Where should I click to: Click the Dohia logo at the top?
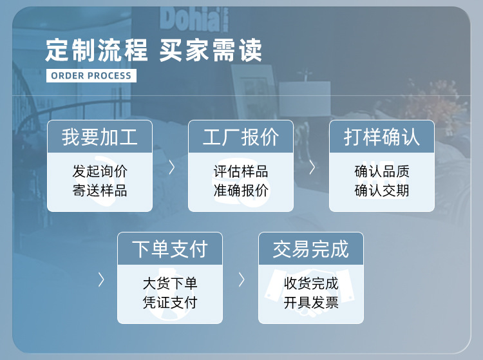pos(191,19)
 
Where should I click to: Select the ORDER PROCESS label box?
pos(91,75)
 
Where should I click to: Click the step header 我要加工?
pos(100,137)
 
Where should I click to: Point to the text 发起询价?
pos(100,171)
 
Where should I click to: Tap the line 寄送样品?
pos(100,191)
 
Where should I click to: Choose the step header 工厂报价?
pos(241,137)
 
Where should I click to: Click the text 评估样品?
pos(241,171)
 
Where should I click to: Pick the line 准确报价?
pos(241,191)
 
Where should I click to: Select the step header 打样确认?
pos(382,137)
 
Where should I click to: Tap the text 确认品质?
pos(382,171)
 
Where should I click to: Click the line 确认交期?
pos(382,191)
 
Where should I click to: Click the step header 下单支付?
pos(170,249)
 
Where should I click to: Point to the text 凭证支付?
pos(170,303)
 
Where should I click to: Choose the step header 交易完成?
pos(311,249)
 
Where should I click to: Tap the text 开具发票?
pos(311,303)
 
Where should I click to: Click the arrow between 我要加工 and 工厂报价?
pos(171,167)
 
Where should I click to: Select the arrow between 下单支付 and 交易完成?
pos(241,279)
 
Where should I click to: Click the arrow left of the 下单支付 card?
pos(101,279)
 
